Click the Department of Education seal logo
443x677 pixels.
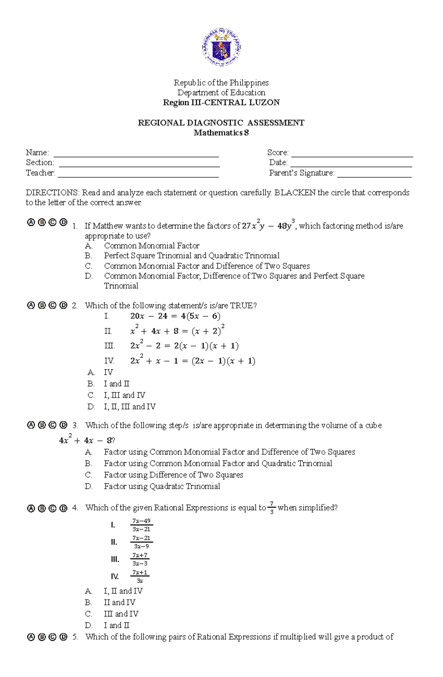coord(221,47)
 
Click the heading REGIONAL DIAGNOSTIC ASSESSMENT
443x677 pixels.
coord(221,123)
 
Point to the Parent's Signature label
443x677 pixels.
coord(302,173)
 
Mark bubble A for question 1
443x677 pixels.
coord(31,222)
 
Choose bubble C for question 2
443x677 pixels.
coord(52,305)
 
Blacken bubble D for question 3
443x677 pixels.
coord(63,425)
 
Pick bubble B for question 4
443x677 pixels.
coord(42,508)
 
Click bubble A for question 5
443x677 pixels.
coord(31,637)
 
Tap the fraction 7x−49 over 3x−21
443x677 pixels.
coord(141,525)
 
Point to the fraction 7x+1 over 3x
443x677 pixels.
coord(140,576)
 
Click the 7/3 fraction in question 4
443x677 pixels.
coord(272,508)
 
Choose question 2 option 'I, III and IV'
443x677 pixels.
coord(124,395)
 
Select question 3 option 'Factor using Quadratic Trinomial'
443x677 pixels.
coord(162,486)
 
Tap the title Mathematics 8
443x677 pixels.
coord(221,133)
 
